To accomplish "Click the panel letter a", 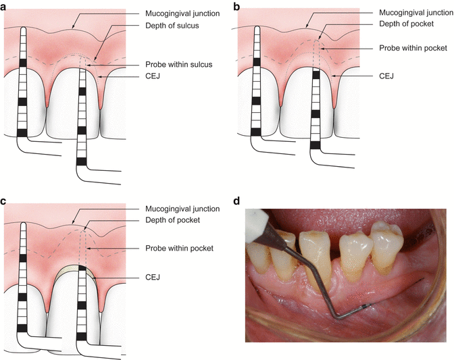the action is click(3, 7).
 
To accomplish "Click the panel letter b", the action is click(236, 6).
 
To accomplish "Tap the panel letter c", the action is click(3, 201).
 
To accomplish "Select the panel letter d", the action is click(236, 201).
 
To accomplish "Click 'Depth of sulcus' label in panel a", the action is click(172, 26).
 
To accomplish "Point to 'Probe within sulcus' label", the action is click(178, 64).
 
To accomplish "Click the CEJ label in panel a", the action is click(153, 76).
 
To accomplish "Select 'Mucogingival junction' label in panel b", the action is click(416, 12).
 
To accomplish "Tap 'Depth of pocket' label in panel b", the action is click(406, 24).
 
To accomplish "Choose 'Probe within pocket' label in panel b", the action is click(413, 48).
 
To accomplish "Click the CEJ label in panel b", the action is click(386, 76).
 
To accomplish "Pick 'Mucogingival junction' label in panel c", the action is click(182, 209).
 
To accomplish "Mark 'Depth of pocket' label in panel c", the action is click(172, 220).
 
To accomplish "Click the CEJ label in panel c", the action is click(153, 277).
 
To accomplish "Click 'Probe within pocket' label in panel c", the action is click(179, 248).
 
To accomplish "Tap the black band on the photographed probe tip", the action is click(365, 306).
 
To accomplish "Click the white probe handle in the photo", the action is click(257, 226).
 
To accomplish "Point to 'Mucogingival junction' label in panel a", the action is click(182, 14).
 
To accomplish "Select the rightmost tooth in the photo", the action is click(386, 249).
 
